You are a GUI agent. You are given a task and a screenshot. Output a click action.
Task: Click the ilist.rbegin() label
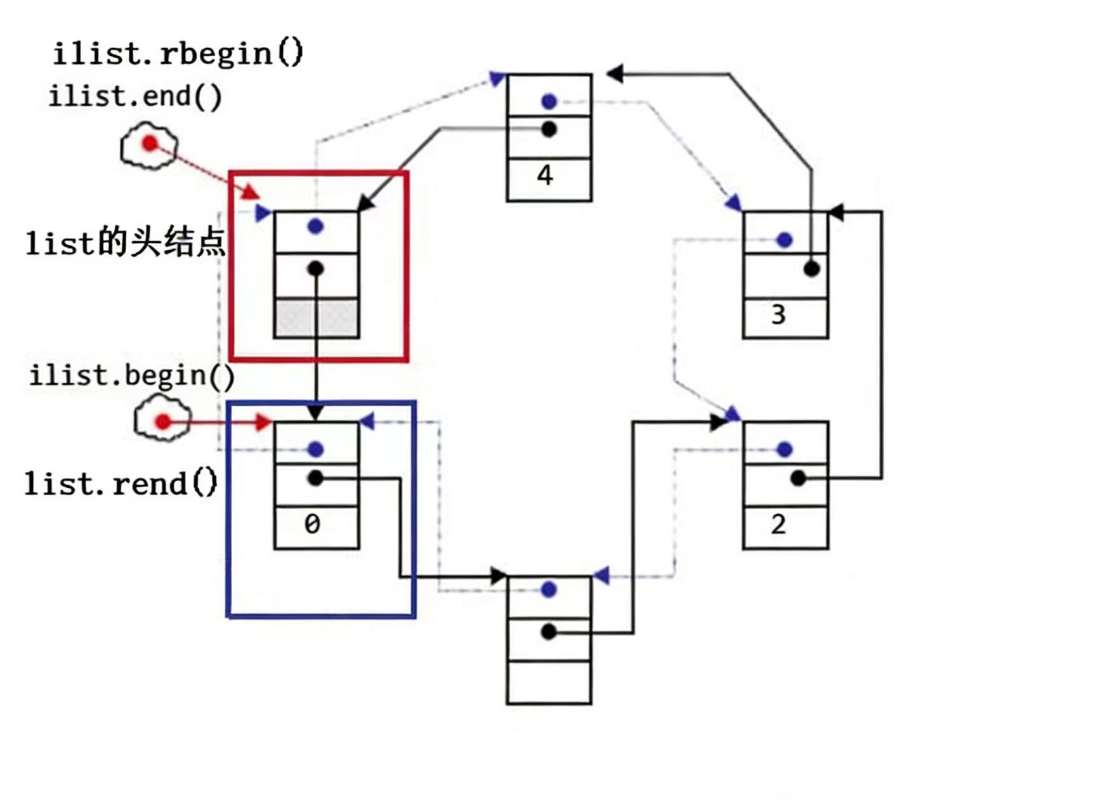pos(178,53)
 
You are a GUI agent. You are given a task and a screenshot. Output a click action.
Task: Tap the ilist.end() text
pos(135,97)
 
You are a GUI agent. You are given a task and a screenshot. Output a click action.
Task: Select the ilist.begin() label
pos(132,375)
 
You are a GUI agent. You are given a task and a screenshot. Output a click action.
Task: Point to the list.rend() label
pos(121,484)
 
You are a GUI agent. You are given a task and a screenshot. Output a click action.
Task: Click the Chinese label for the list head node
pos(125,243)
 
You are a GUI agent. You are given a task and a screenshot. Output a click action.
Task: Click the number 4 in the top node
pos(545,175)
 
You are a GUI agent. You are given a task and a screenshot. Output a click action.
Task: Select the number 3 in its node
pos(778,315)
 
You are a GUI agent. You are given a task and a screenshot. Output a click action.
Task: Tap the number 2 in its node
pos(778,524)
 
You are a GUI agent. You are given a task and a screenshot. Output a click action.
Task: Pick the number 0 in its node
pos(312,524)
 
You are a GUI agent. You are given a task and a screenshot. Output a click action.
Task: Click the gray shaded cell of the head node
pos(317,318)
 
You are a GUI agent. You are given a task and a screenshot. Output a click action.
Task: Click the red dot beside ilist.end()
pos(150,144)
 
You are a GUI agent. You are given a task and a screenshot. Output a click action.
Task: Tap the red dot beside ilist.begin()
pos(163,421)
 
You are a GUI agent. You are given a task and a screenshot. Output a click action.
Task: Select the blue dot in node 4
pos(549,101)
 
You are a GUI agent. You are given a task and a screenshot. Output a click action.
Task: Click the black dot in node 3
pos(811,269)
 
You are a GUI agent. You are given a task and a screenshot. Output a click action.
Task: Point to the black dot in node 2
pos(798,478)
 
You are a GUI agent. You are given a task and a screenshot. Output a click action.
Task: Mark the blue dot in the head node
pos(315,226)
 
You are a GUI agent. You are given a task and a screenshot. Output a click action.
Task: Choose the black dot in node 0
pos(315,478)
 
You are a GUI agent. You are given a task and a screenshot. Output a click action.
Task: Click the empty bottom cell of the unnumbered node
pos(549,682)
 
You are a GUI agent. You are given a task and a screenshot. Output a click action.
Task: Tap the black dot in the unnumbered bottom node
pos(549,632)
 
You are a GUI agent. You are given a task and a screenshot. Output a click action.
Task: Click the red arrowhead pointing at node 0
pos(263,422)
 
